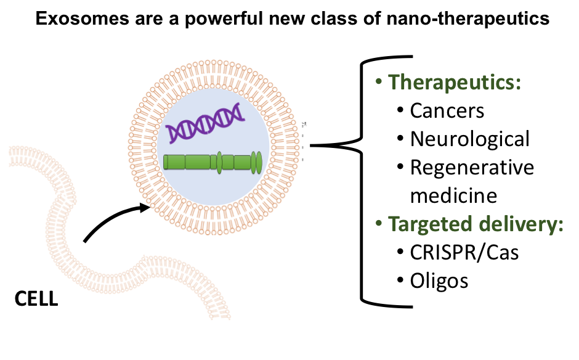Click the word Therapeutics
(x=452, y=83)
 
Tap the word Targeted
(x=425, y=224)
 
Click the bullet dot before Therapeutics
(x=379, y=83)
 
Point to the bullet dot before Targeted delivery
(x=379, y=224)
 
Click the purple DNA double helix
(x=204, y=123)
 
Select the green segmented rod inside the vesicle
(x=209, y=162)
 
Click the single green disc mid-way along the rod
(x=219, y=162)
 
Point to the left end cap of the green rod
(x=165, y=162)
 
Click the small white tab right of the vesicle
(x=306, y=147)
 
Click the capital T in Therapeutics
(x=395, y=83)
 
